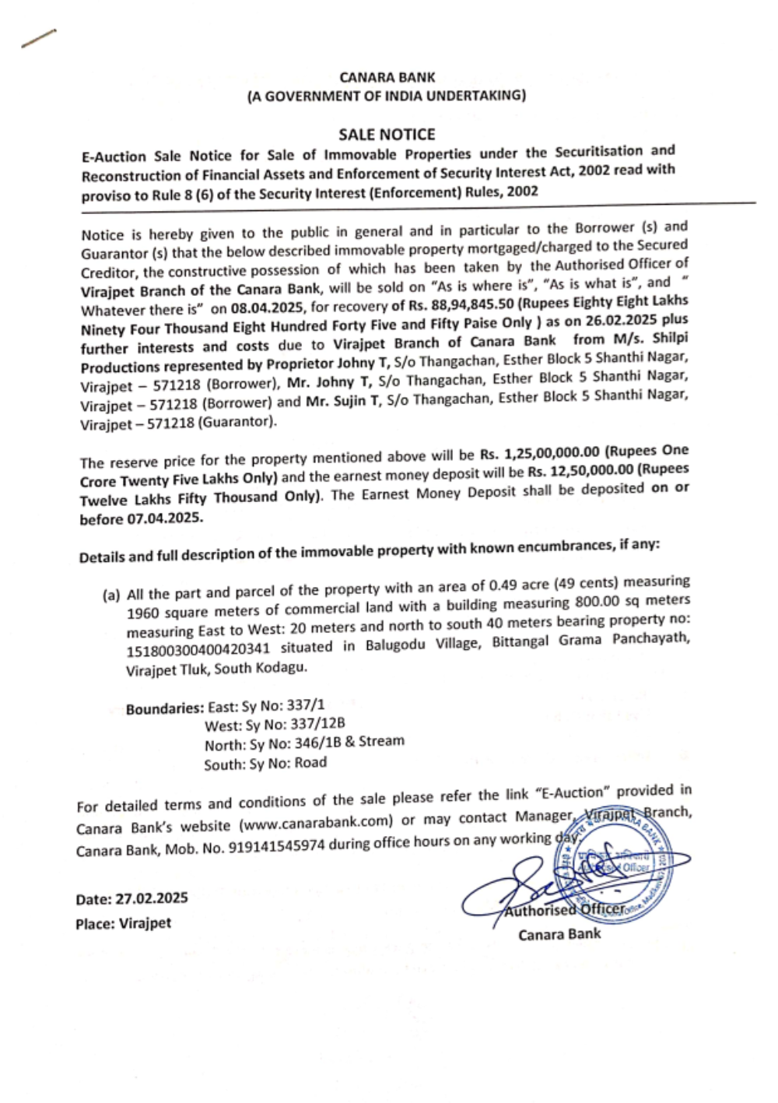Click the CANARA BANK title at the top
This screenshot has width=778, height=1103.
coord(387,77)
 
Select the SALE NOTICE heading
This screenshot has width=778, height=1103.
coord(387,134)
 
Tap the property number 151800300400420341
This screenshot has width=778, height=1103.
coord(198,648)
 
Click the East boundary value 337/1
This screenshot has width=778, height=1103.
coord(305,705)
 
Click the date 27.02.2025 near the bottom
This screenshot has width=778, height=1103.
coord(152,898)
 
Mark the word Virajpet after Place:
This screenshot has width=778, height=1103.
coord(145,924)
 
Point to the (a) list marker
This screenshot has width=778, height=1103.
coord(111,595)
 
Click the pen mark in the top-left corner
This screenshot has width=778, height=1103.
coord(39,39)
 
